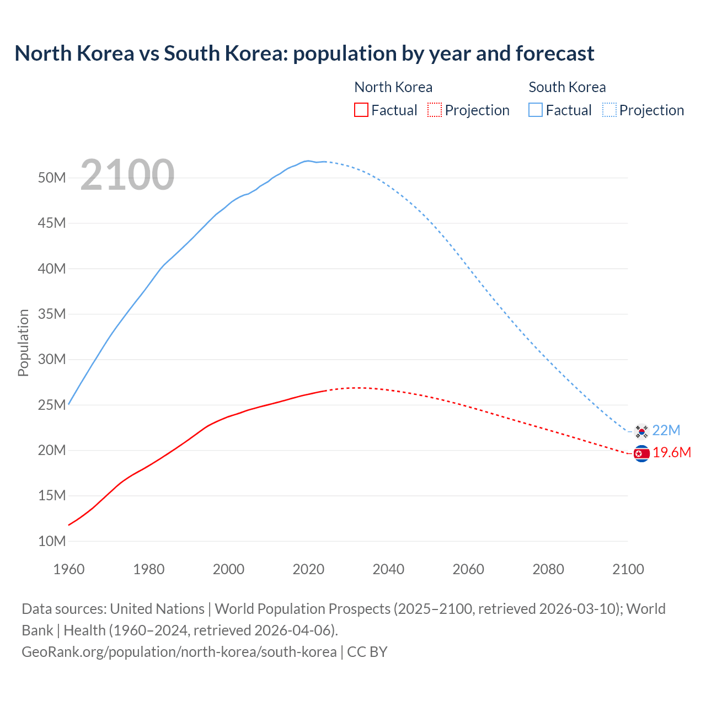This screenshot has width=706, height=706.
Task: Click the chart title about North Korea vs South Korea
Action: tap(304, 54)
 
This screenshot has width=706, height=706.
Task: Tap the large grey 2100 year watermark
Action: tap(127, 175)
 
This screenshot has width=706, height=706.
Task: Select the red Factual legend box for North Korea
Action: tap(361, 110)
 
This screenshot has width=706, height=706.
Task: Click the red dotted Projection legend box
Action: tap(435, 110)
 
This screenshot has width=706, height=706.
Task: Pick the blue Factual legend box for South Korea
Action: tap(536, 110)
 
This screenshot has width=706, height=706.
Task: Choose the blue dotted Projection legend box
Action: tap(609, 110)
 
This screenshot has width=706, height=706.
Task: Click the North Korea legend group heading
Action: tap(393, 87)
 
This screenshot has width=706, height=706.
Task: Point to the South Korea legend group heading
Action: tap(567, 87)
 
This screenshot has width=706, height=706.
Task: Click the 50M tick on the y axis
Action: tap(52, 178)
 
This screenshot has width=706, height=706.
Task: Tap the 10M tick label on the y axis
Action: tap(52, 541)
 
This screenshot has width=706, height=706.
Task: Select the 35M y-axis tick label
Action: tap(52, 314)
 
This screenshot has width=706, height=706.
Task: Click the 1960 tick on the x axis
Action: tap(69, 569)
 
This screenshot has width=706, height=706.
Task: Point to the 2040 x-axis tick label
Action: tap(388, 569)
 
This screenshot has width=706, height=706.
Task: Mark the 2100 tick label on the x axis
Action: tap(628, 569)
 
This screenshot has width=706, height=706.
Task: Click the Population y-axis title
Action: tap(23, 343)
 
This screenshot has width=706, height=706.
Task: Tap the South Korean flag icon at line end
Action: tap(641, 431)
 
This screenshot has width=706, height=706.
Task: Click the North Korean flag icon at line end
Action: tap(641, 453)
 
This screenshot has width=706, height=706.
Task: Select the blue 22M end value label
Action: tap(666, 430)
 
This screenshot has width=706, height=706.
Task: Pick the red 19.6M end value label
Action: tap(672, 453)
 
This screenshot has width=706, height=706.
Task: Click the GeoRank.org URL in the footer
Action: tap(179, 652)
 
